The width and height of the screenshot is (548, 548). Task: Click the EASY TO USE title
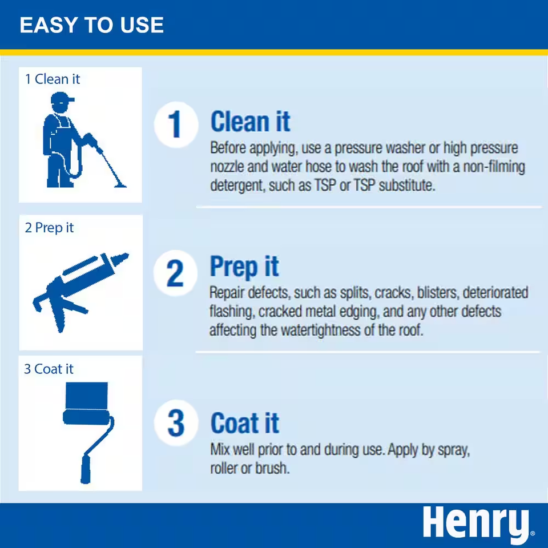[x=91, y=26]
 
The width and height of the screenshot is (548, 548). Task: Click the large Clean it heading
[x=250, y=122]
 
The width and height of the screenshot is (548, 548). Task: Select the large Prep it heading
[x=244, y=267]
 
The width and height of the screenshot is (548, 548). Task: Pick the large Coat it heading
[x=245, y=424]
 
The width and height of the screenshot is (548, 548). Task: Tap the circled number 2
[x=174, y=275]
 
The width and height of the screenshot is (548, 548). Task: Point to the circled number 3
[x=175, y=423]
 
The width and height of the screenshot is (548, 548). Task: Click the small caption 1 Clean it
[x=53, y=79]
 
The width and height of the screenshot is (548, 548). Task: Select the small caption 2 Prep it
[x=49, y=228]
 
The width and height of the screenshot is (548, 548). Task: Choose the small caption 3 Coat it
[x=49, y=369]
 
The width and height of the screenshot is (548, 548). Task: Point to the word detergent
[x=234, y=186]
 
